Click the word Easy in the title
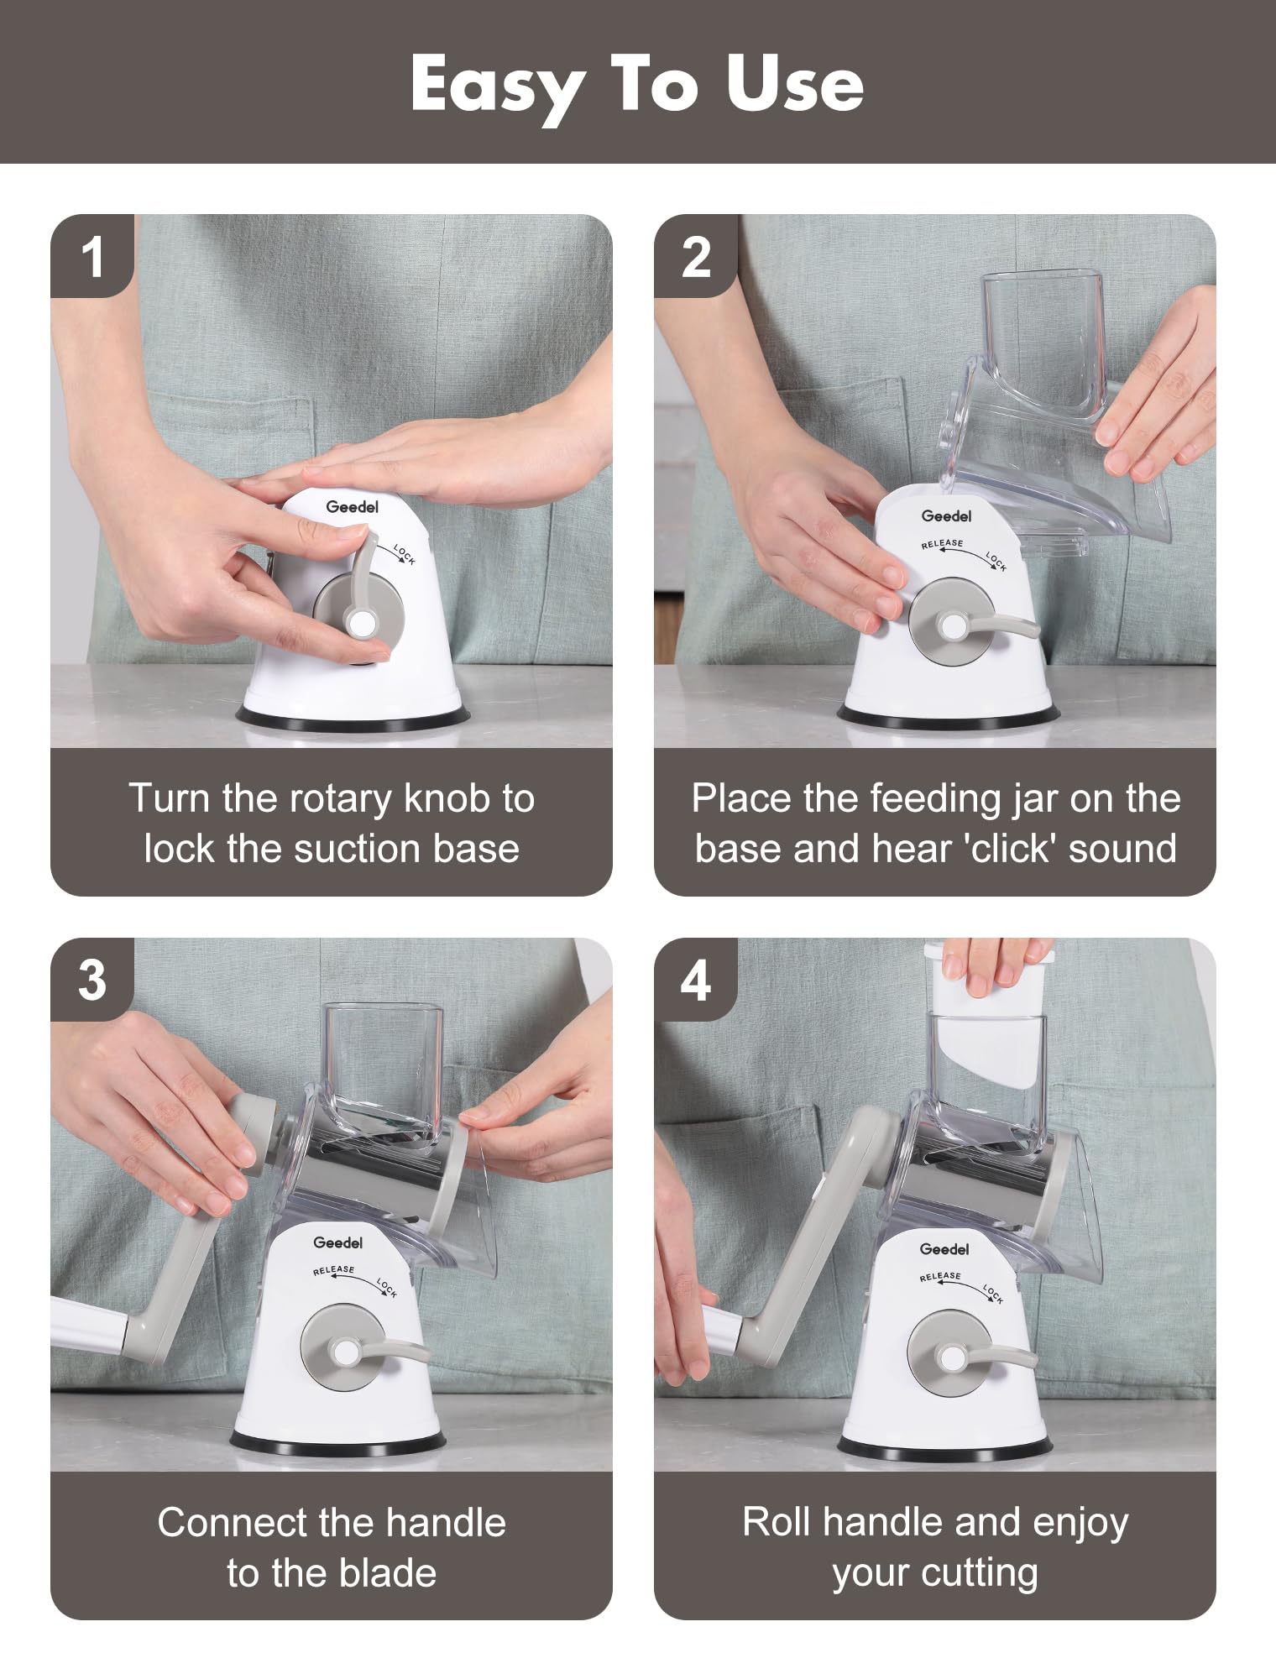click(x=497, y=86)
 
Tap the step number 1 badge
click(x=92, y=257)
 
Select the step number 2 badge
click(x=695, y=257)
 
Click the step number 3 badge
click(x=92, y=980)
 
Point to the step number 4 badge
click(x=695, y=980)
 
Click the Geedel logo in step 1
click(x=352, y=506)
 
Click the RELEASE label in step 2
click(x=942, y=544)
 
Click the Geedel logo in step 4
click(x=944, y=1248)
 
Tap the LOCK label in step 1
click(x=405, y=554)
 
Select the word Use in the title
click(x=794, y=86)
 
